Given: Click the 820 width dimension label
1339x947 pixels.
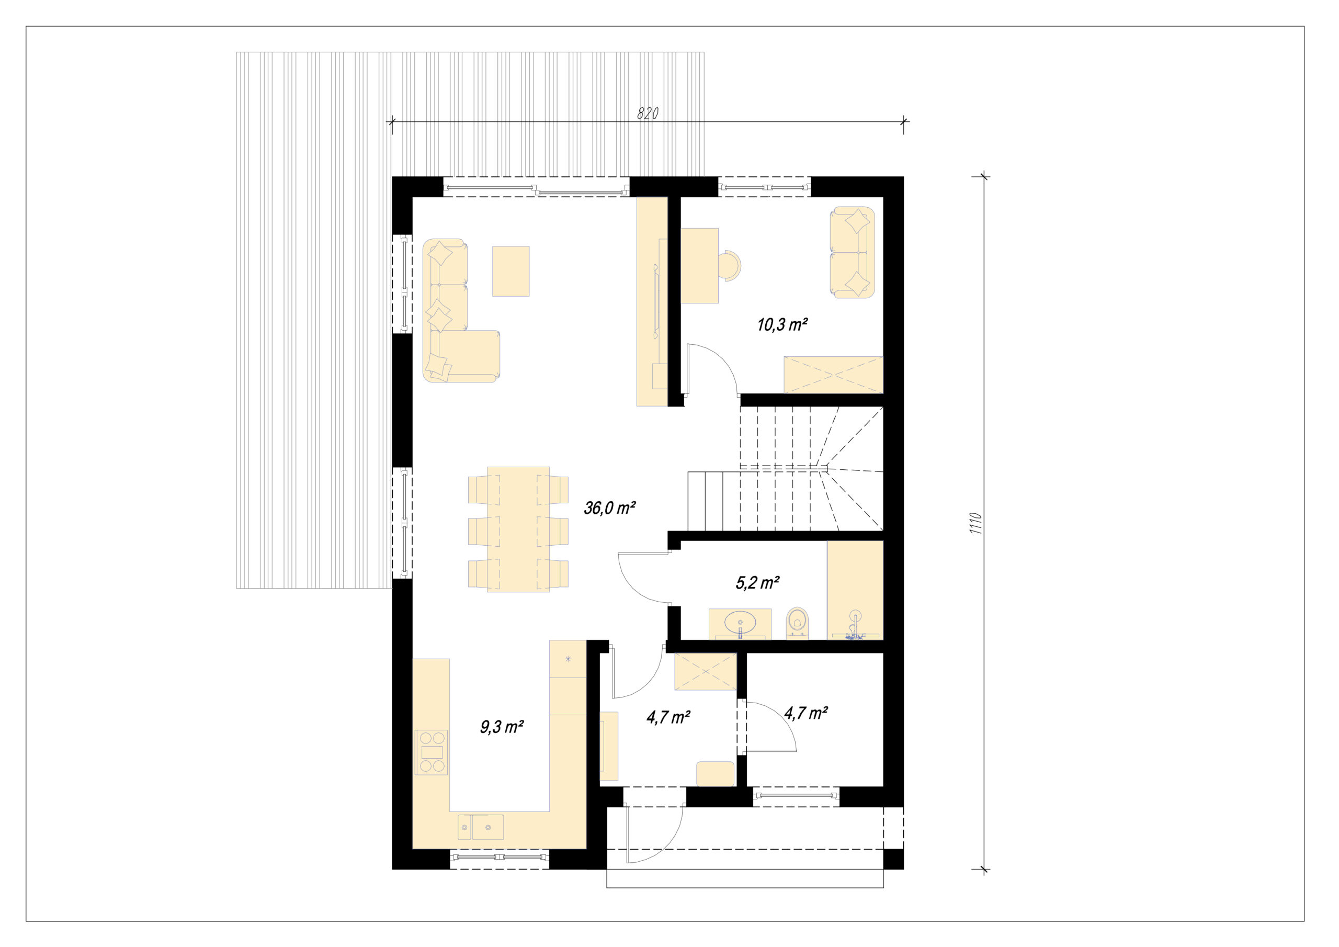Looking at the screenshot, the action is coord(648,113).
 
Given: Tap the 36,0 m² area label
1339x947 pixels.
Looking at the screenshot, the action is coord(609,508).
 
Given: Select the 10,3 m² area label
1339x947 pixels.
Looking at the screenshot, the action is coord(782,324).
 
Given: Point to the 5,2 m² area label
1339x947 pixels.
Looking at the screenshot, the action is coord(757,582).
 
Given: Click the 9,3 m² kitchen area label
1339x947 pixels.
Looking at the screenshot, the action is coord(502,727).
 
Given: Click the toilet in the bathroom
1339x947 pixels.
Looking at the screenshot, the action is coord(797,623).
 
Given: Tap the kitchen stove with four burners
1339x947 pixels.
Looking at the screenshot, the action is coord(432,752).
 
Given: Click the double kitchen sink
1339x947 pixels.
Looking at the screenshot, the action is coord(481,827).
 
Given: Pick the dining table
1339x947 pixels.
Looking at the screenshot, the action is coord(518,529).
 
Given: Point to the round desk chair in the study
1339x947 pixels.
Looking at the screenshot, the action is coord(730,265).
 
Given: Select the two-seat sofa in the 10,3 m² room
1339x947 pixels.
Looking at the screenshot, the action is coord(852,252).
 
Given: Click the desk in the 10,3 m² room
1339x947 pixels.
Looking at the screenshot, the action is coord(700,265).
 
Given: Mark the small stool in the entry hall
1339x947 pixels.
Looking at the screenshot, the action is coord(715,774).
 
